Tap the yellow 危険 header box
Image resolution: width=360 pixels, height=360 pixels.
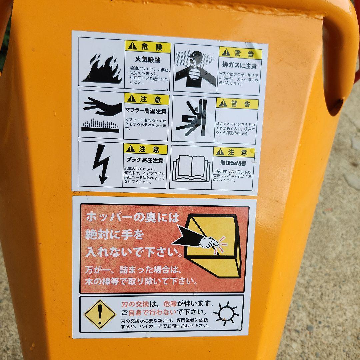[x=148, y=47]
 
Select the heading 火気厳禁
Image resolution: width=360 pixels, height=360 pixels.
[x=147, y=60]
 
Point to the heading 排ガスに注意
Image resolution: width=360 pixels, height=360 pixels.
[x=239, y=66]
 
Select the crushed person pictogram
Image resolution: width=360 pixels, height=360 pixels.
[x=193, y=119]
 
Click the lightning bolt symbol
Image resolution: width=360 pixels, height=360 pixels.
[x=100, y=164]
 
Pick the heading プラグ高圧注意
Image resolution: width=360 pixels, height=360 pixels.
[x=145, y=160]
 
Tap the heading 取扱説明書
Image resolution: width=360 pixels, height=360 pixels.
[x=233, y=163]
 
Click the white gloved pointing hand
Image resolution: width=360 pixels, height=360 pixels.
[x=209, y=242]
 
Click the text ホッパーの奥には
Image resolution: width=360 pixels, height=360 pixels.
[x=132, y=217]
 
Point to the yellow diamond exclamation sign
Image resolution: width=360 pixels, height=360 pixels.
[x=99, y=314]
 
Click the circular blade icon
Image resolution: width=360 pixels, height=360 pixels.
[x=226, y=313]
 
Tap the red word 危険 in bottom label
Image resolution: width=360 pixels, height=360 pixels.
[x=169, y=304]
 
